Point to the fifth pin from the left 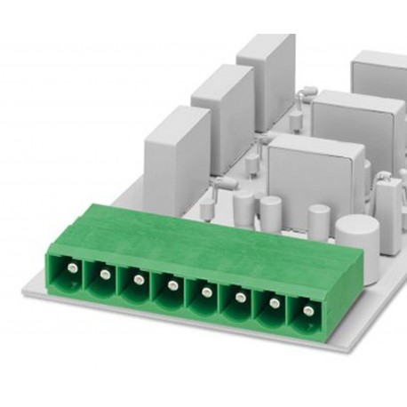pyautogui.click(x=204, y=292)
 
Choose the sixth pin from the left pyautogui.click(x=239, y=299)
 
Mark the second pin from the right pyautogui.click(x=274, y=305)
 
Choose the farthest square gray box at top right pyautogui.click(x=380, y=76)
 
